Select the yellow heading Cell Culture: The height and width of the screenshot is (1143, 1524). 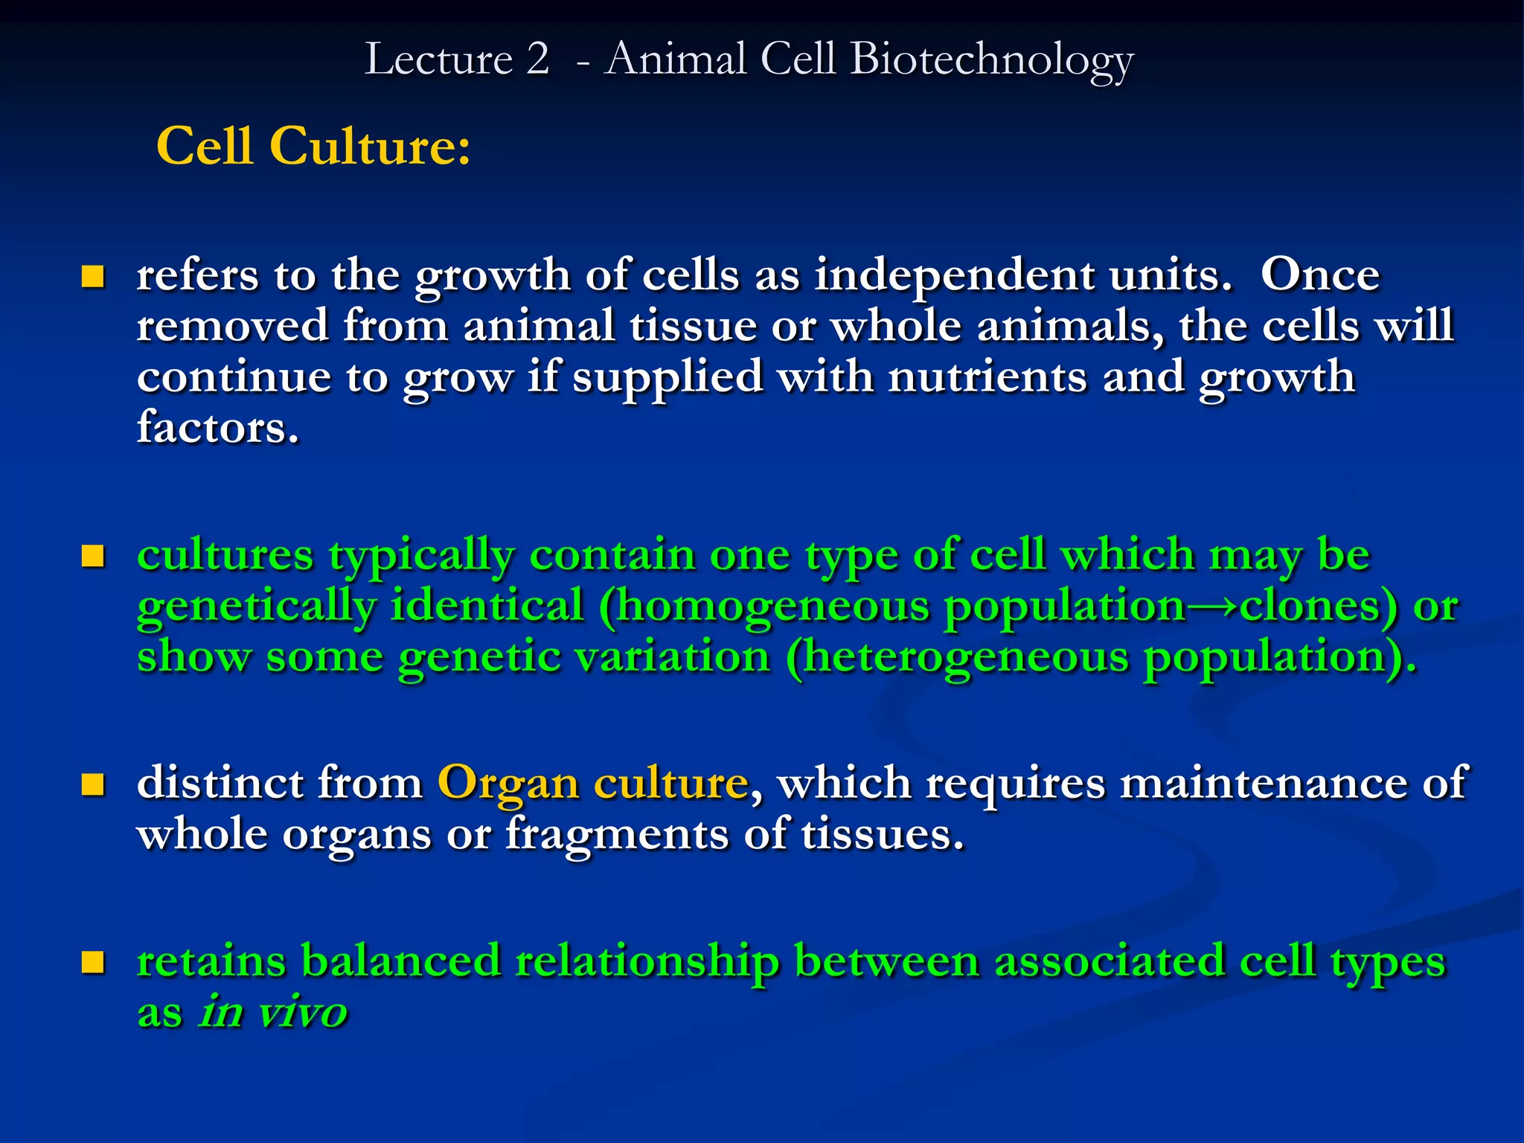pyautogui.click(x=313, y=146)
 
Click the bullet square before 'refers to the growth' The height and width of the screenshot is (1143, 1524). pyautogui.click(x=92, y=278)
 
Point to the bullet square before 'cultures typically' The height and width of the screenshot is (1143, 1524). pyautogui.click(x=92, y=556)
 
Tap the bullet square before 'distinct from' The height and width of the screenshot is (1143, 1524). pyautogui.click(x=92, y=784)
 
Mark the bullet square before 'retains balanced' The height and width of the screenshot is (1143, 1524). pyautogui.click(x=92, y=962)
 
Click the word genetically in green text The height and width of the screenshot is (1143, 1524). pyautogui.click(x=256, y=607)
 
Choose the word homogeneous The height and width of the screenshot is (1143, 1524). pyautogui.click(x=773, y=607)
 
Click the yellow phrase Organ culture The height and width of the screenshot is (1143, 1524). pyautogui.click(x=592, y=784)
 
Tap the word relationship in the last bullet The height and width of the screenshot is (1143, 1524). pyautogui.click(x=647, y=962)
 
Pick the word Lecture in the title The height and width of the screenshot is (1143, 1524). pyautogui.click(x=438, y=60)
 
